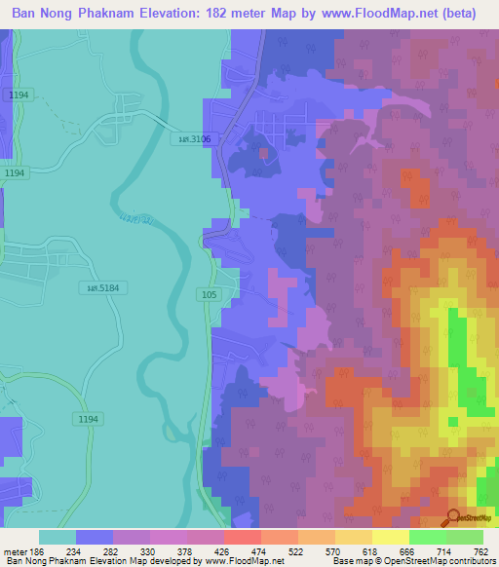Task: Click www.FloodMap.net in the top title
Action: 383,13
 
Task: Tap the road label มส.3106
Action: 194,139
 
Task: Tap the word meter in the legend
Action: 15,551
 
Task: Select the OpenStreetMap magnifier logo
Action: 453,519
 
